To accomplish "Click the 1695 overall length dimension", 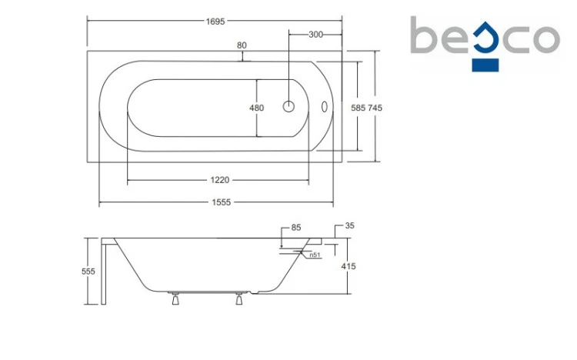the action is [x=215, y=22].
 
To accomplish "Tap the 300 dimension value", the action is [x=315, y=35].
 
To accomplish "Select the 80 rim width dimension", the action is [x=242, y=45].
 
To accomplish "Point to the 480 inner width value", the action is [x=256, y=108].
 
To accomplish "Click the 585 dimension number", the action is [x=358, y=108].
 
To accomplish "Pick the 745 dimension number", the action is [x=375, y=108].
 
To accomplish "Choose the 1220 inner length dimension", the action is [x=220, y=180].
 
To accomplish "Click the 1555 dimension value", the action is [x=221, y=202].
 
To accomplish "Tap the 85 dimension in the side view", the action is [x=296, y=228].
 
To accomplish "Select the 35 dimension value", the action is [x=349, y=225].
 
